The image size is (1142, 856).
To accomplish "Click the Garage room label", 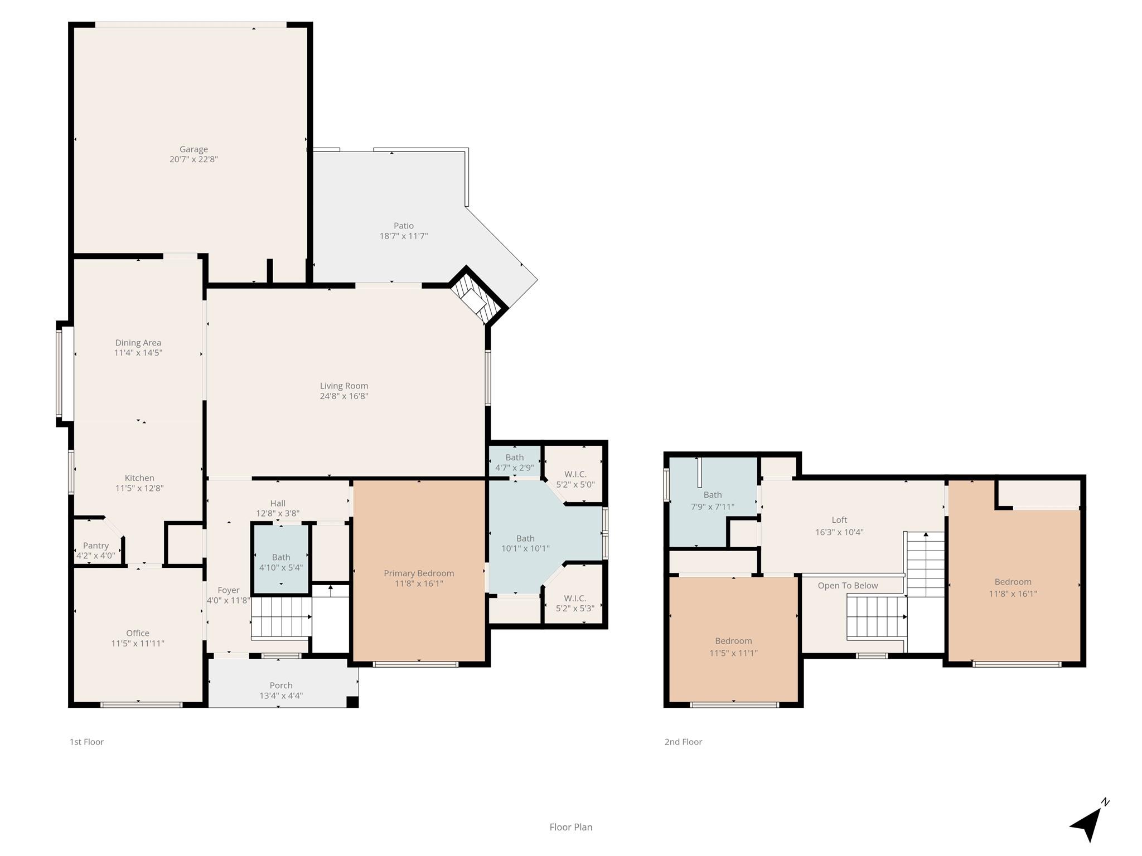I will [193, 149].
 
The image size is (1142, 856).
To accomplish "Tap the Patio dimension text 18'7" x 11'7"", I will [404, 236].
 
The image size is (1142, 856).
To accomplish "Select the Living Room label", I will [344, 386].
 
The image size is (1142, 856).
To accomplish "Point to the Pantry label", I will [96, 546].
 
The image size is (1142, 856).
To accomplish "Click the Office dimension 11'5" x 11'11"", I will [138, 643].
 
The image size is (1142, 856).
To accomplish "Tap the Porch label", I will [281, 685].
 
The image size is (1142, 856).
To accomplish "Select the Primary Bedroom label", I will [419, 573].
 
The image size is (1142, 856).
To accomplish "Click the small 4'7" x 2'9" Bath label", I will [514, 458].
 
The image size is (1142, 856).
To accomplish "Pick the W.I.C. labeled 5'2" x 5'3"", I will [575, 598].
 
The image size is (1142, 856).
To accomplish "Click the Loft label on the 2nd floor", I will [839, 520].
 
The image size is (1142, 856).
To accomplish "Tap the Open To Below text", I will [848, 586].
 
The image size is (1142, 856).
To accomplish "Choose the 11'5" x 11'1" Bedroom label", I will [733, 641].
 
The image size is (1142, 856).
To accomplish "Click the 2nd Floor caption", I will [683, 742].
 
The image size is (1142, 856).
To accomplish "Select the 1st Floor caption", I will [86, 742].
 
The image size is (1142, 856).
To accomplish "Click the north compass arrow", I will [1087, 824].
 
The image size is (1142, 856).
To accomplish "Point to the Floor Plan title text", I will [571, 827].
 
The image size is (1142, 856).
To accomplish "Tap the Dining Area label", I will [138, 343].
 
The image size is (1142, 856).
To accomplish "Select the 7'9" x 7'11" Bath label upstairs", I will [712, 495].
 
